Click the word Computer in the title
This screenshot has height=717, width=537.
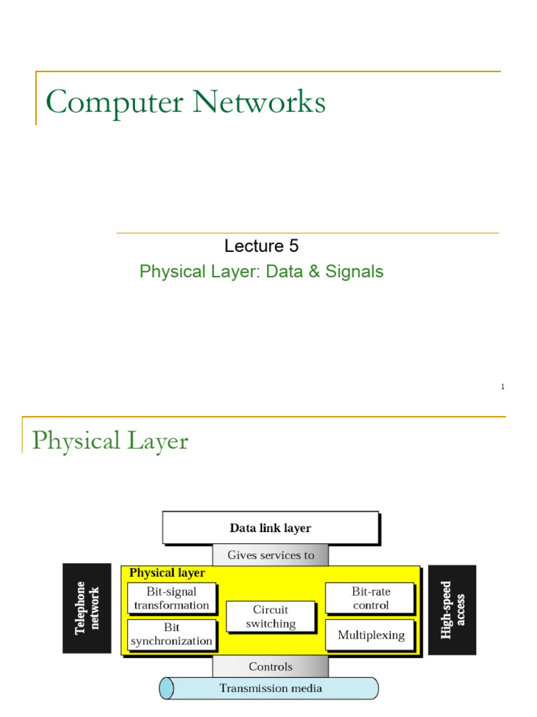[115, 103]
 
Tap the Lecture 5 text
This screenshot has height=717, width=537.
[262, 246]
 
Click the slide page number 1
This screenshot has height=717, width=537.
[502, 387]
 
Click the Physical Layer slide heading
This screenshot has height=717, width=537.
[110, 441]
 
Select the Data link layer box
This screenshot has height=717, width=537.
[271, 528]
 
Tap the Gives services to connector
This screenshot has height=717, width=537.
[271, 555]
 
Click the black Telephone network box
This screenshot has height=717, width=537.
[87, 608]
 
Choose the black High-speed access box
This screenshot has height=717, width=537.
[452, 610]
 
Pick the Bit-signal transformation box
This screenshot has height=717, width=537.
[171, 599]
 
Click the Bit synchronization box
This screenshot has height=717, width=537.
[171, 634]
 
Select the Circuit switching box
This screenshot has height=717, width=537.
[271, 616]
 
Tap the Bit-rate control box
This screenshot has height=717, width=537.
[371, 599]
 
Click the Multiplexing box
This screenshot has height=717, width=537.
[371, 635]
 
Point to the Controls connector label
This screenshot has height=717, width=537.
[271, 667]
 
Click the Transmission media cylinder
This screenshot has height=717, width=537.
[271, 688]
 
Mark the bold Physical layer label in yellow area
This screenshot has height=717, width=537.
[167, 573]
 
